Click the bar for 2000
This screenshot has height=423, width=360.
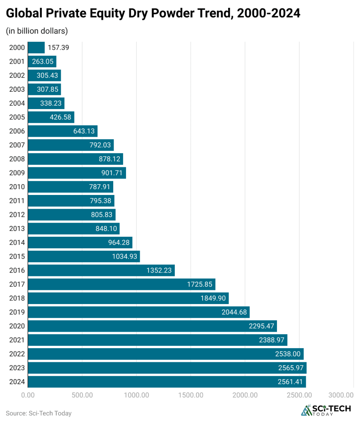[x=36, y=48]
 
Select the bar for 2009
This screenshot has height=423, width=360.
[x=76, y=173]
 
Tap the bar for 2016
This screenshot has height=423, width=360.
[x=101, y=270]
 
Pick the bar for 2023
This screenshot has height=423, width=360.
[x=167, y=368]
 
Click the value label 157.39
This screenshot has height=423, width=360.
[x=58, y=48]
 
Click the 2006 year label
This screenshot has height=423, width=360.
[x=17, y=131]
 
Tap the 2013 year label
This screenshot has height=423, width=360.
[x=17, y=228]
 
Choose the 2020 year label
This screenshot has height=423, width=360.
[x=17, y=326]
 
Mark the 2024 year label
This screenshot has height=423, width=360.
[x=17, y=382]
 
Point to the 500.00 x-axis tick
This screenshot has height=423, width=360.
[x=82, y=395]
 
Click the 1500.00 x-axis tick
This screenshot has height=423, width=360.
[x=191, y=395]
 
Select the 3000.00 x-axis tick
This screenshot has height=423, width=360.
[x=341, y=395]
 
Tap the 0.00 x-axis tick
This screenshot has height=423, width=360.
[x=28, y=395]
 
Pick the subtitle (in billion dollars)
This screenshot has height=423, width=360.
[x=37, y=31]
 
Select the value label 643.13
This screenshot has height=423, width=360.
[x=82, y=131]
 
